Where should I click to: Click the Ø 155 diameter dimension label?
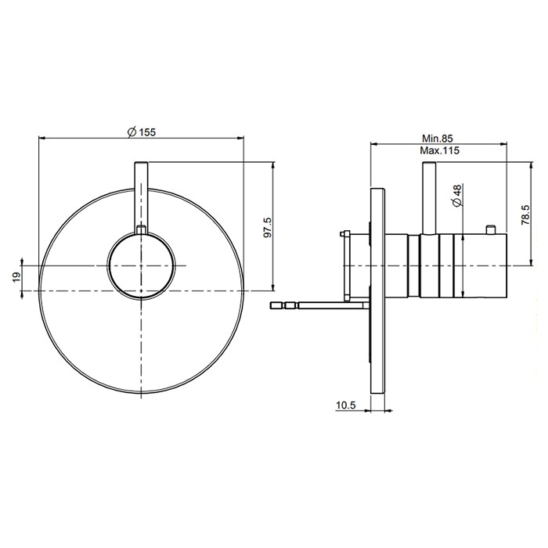pyautogui.click(x=142, y=132)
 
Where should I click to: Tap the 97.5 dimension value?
pyautogui.click(x=268, y=227)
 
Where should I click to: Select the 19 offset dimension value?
pyautogui.click(x=16, y=278)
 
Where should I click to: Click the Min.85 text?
pyautogui.click(x=437, y=139)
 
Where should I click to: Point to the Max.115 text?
pyautogui.click(x=439, y=150)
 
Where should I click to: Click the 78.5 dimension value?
pyautogui.click(x=525, y=215)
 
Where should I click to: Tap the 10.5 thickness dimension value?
pyautogui.click(x=345, y=405)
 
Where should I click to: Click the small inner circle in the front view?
pyautogui.click(x=141, y=266)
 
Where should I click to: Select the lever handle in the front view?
pyautogui.click(x=141, y=197)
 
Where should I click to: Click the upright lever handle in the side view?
pyautogui.click(x=429, y=198)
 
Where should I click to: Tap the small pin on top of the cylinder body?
pyautogui.click(x=491, y=229)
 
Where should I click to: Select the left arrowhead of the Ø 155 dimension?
pyautogui.click(x=42, y=138)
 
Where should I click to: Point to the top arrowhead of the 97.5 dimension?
pyautogui.click(x=273, y=166)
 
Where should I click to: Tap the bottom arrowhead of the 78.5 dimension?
pyautogui.click(x=532, y=261)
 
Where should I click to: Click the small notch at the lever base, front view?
pyautogui.click(x=141, y=229)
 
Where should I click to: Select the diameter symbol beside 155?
pyautogui.click(x=132, y=132)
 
